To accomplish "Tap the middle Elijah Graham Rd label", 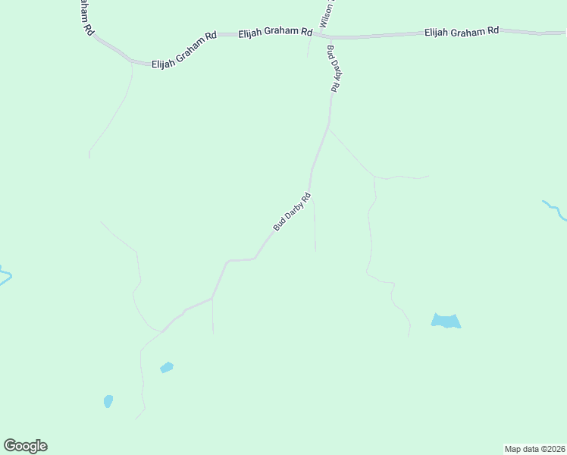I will pos(276,33).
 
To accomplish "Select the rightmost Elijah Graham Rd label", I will pos(462,31).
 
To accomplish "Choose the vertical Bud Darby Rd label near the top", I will pos(333,69).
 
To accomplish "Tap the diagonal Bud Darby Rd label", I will pos(292,212).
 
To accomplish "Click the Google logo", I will pos(25,446).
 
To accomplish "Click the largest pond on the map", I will pos(446,322).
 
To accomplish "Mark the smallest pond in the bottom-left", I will pos(108,400).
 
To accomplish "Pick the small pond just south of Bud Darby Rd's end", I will pos(167,368).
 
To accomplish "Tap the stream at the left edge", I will pos(4,275).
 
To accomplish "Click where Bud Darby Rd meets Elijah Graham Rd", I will pos(329,36).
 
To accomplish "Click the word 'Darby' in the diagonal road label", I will pos(294,210).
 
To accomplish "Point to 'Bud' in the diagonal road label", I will pos(279,225).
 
